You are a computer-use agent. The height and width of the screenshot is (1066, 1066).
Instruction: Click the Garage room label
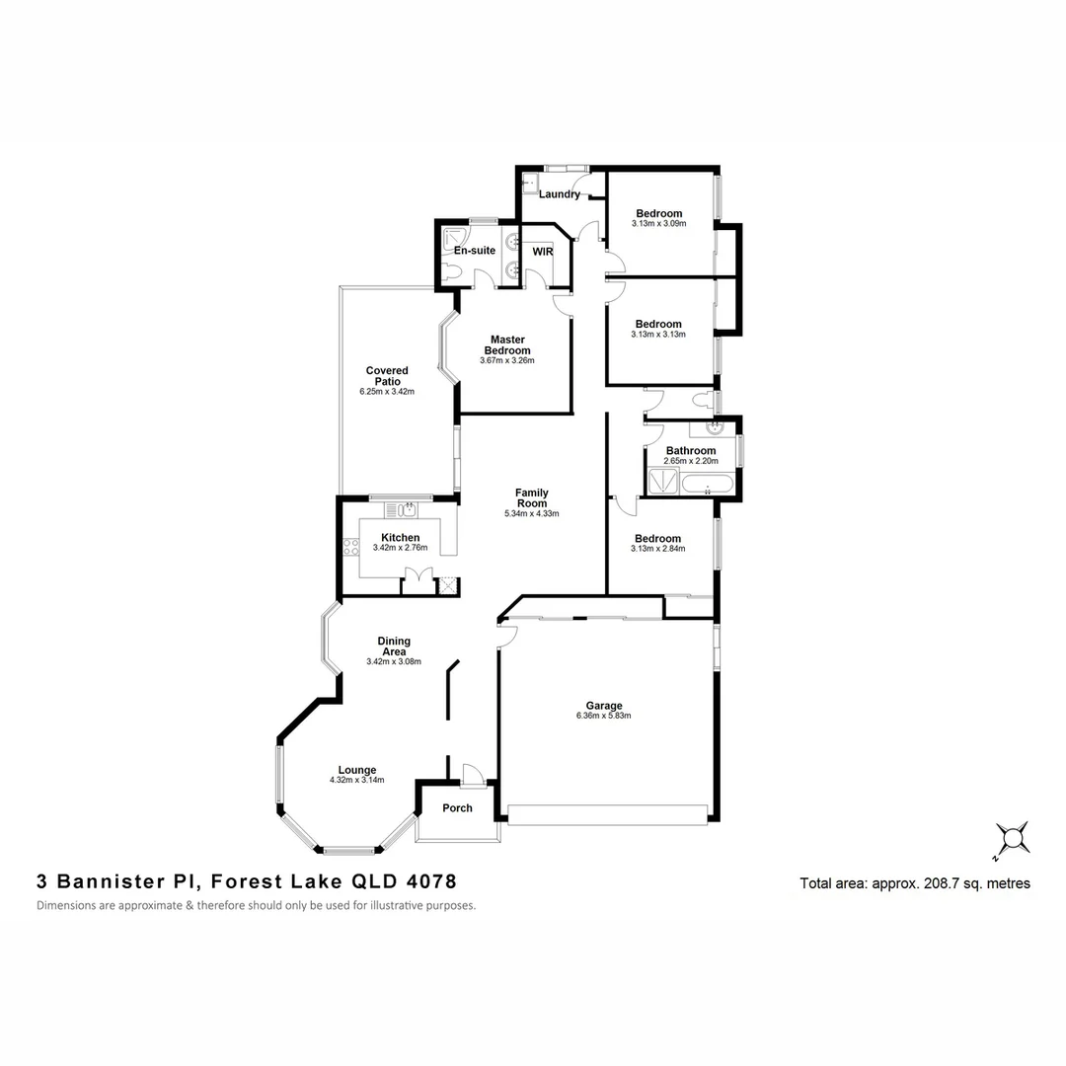(603, 706)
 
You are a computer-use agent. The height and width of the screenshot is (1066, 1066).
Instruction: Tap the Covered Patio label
(387, 376)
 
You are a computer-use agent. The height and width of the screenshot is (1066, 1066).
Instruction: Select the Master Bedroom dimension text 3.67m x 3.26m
(506, 361)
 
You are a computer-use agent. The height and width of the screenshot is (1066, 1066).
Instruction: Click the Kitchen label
(400, 538)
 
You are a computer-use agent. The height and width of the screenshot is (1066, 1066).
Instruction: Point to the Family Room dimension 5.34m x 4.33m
(531, 514)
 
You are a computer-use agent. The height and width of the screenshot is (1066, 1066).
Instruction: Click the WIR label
(542, 252)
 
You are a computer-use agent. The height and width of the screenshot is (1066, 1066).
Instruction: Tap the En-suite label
(475, 251)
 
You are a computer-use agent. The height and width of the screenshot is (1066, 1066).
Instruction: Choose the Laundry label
(560, 194)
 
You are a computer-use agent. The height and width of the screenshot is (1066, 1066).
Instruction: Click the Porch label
(457, 808)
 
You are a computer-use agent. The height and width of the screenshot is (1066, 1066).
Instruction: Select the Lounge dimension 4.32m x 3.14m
(356, 781)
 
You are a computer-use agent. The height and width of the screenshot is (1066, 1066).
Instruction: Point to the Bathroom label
(691, 451)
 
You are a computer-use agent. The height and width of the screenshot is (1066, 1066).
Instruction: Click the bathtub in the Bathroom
(708, 485)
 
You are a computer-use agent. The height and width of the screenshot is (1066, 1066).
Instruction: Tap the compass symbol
(1012, 840)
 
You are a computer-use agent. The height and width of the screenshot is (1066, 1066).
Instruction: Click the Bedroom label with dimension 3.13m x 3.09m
(658, 214)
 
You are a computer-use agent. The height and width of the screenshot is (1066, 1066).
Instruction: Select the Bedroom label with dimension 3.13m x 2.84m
(658, 539)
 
